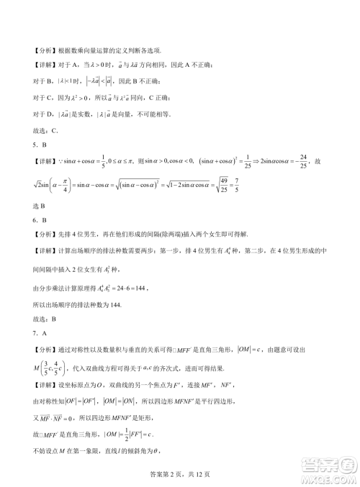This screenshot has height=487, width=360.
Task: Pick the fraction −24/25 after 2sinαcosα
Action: [x=305, y=159]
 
